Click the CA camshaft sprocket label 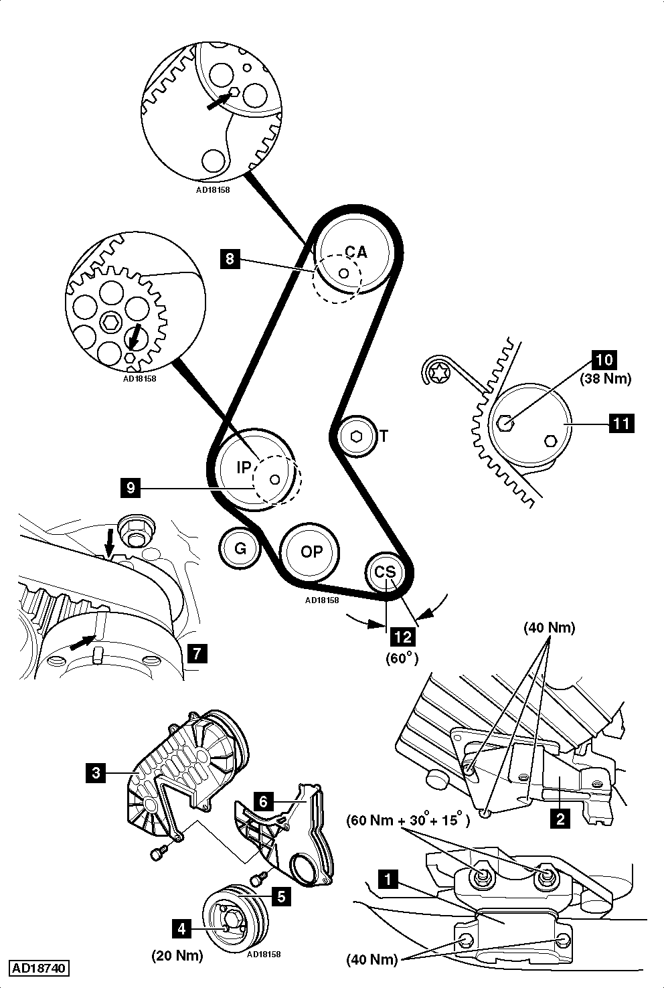point(356,252)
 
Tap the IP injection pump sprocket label point(243,468)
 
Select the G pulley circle point(240,550)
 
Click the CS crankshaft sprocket point(384,572)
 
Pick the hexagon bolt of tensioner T point(356,436)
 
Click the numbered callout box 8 point(230,258)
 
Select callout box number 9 point(131,488)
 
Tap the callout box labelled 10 point(604,359)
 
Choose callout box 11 point(621,423)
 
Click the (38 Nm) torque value point(605,379)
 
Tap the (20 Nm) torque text point(177,955)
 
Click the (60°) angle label point(402,658)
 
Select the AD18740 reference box point(39,969)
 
